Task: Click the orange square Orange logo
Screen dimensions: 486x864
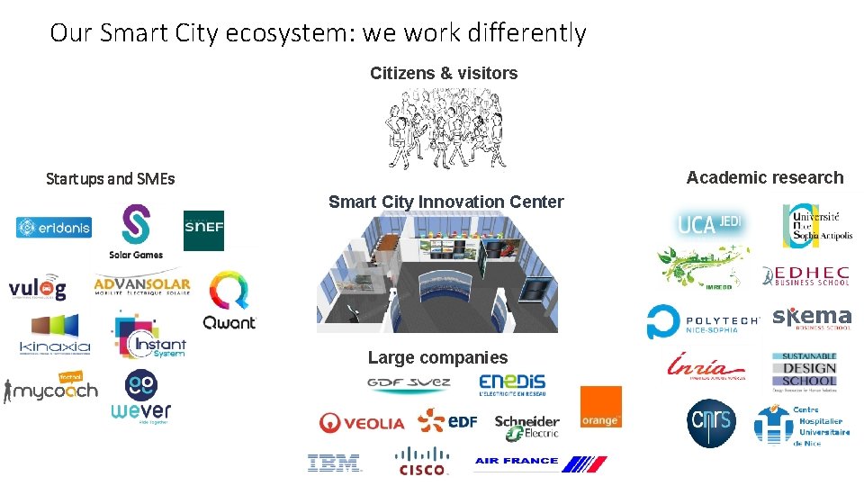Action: [x=600, y=407]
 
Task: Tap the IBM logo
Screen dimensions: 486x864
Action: [x=334, y=463]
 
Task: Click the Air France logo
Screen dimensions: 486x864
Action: [x=541, y=463]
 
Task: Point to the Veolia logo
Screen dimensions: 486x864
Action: [x=362, y=422]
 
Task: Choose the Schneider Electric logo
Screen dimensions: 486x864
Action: [x=526, y=426]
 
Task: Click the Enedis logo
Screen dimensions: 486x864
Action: [x=512, y=384]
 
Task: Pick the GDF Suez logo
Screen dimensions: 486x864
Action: [x=409, y=384]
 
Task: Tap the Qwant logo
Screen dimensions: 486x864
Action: [x=229, y=302]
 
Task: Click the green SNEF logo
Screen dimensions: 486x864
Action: [x=203, y=230]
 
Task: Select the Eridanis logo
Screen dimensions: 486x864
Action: [x=54, y=228]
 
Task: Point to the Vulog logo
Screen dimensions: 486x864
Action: [x=38, y=287]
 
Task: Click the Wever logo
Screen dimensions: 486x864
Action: [x=141, y=396]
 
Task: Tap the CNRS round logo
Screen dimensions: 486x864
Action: [x=711, y=423]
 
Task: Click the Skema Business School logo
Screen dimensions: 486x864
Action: [x=812, y=319]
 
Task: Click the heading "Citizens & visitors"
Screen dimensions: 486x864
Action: [x=444, y=74]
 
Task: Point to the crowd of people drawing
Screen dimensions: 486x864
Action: [x=443, y=132]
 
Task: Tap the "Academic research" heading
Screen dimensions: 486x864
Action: [x=764, y=177]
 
